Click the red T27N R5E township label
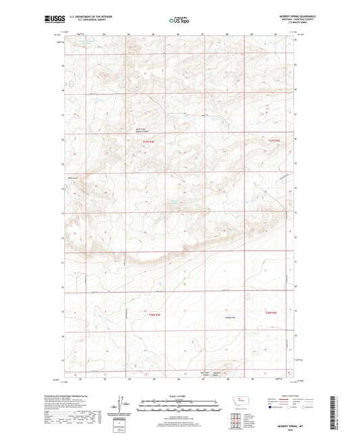coord(273,140)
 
